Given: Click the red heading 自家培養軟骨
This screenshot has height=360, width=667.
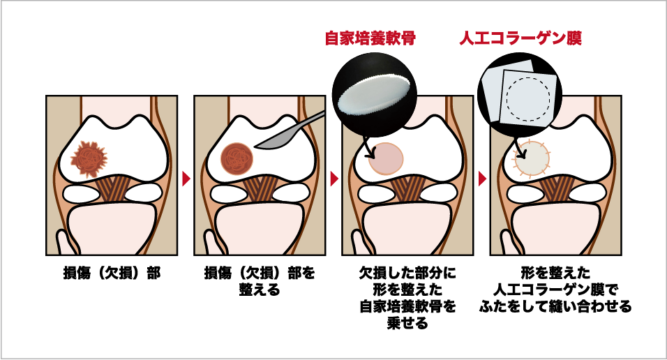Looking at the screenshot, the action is point(370,38).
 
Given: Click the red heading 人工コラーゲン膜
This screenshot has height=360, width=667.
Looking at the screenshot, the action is point(520,38).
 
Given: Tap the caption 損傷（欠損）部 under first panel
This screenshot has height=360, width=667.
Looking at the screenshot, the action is point(112,273).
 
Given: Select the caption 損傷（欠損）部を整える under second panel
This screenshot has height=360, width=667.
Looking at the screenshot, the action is point(260,281).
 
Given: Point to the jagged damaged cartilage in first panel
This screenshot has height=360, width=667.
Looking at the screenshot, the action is point(89,159).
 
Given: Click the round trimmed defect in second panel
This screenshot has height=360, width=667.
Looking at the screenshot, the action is point(237,159).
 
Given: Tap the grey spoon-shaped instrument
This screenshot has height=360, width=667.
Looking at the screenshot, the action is point(290,132).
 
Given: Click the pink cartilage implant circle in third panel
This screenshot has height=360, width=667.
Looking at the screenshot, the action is point(385,159).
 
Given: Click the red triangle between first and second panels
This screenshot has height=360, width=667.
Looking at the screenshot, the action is point(186,179).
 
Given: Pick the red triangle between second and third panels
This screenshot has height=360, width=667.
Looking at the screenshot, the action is point(334,179).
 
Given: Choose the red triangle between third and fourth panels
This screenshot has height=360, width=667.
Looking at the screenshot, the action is point(482,179).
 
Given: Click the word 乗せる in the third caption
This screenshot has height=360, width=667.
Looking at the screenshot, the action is point(407,324).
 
